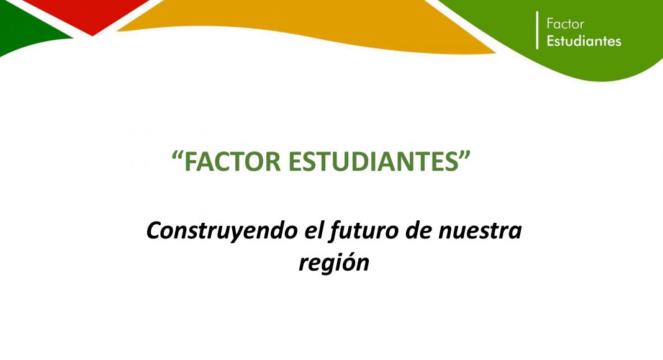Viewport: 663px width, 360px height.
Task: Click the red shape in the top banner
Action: [91, 12]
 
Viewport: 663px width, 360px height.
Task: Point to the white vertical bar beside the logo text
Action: [538, 30]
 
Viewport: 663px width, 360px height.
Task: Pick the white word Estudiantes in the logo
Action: [584, 41]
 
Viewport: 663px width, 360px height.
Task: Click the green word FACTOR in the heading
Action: [233, 161]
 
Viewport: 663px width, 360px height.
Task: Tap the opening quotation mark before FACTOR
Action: [178, 155]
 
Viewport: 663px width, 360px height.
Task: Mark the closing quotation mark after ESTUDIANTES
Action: [465, 155]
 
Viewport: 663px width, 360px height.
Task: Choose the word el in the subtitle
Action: [313, 230]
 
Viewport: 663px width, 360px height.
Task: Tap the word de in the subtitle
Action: [418, 230]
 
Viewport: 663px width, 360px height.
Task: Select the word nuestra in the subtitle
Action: [480, 232]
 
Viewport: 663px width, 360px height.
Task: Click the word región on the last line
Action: [334, 263]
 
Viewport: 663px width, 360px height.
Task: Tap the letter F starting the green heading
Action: [191, 161]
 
